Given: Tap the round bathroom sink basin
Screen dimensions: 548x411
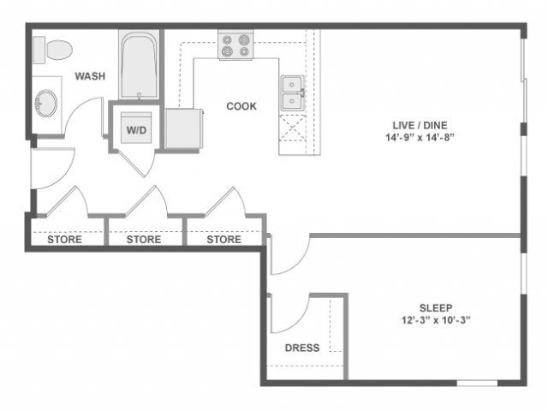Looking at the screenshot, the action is click(45, 104).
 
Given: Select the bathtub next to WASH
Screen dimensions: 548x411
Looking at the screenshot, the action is click(139, 65).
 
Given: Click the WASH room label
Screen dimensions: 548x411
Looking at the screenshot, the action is click(90, 76).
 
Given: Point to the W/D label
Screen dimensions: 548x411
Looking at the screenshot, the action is click(136, 130).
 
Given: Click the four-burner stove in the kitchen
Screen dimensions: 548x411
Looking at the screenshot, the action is click(235, 45).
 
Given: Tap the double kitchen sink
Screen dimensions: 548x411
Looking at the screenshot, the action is click(292, 92).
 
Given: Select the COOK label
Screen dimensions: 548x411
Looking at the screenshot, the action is click(241, 106).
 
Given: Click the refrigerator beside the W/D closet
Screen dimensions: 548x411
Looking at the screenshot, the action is click(183, 128).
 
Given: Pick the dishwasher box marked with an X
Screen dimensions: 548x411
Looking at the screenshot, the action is click(293, 128).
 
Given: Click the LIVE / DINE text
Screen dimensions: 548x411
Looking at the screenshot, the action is click(420, 125).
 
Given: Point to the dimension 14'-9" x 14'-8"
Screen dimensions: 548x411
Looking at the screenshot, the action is click(420, 137).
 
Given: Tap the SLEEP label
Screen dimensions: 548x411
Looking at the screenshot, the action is click(436, 308).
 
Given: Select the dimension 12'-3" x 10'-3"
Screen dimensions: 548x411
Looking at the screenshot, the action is click(436, 320).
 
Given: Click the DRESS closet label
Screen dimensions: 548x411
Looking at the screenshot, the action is click(302, 348).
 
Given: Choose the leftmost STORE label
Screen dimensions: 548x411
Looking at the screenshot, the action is click(65, 240).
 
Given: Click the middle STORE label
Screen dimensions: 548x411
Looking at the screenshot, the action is click(144, 240).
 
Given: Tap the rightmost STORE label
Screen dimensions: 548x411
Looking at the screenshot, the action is click(224, 240).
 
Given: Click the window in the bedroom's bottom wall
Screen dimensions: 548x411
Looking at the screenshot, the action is click(477, 383).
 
